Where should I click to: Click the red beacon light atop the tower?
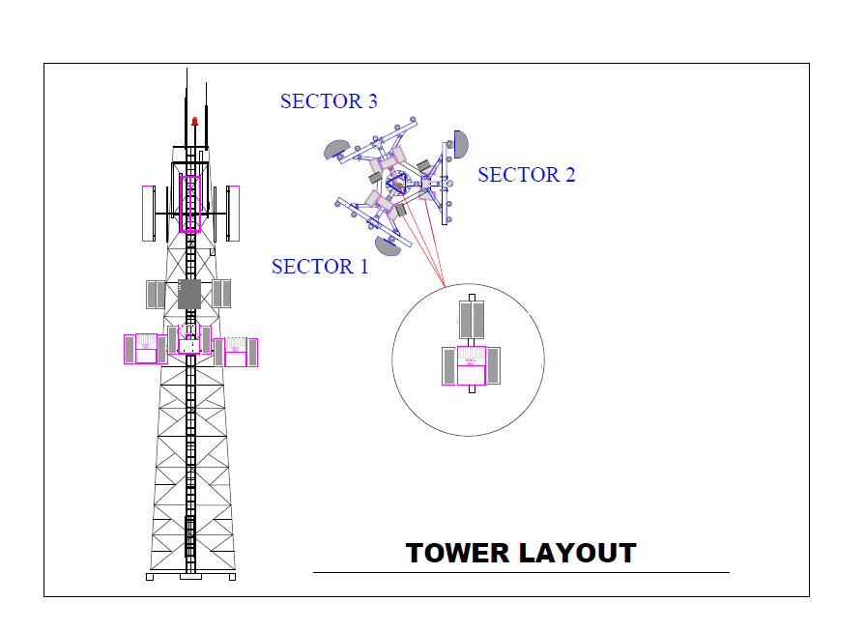(x=194, y=121)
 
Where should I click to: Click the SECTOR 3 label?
(x=329, y=101)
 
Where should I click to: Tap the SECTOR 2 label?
(x=526, y=175)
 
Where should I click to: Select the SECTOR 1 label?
(x=320, y=267)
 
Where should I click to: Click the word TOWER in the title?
(x=457, y=553)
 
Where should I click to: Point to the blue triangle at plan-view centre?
(x=396, y=183)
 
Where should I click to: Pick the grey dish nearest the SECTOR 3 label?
(x=336, y=150)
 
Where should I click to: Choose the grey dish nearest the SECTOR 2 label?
(x=461, y=144)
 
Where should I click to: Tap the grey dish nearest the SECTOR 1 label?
(x=388, y=245)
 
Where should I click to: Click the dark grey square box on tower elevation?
(x=189, y=295)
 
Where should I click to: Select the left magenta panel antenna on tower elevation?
(x=148, y=214)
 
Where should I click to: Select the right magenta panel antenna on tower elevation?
(x=233, y=214)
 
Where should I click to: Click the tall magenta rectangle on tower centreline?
(x=190, y=204)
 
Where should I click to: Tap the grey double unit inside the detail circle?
(x=472, y=320)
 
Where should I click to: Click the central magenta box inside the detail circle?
(x=471, y=365)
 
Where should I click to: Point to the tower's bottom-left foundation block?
(x=150, y=577)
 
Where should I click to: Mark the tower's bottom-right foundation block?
(x=232, y=577)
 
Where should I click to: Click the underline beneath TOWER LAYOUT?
(x=521, y=573)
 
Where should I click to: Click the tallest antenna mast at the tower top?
(x=187, y=107)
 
